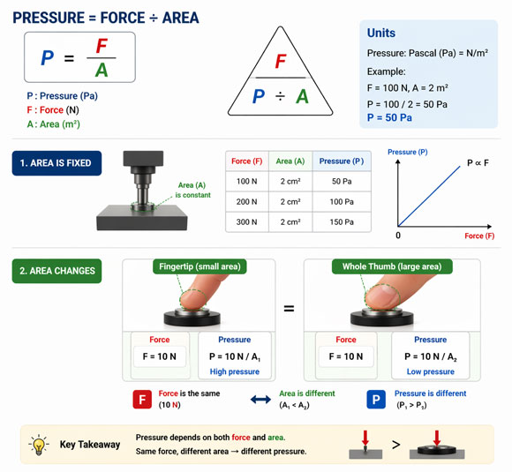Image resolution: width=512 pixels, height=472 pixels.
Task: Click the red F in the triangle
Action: coord(281,62)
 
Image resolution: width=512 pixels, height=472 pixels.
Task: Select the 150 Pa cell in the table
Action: coord(335,222)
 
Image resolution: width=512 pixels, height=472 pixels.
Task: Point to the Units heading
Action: coord(381,33)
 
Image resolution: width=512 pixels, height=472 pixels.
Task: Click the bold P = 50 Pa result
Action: coord(395,117)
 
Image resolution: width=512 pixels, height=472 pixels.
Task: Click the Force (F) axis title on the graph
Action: coord(486,236)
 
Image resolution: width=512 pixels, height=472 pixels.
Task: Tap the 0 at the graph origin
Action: coord(397,236)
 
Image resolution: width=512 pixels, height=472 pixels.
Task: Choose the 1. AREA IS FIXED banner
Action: coord(56,162)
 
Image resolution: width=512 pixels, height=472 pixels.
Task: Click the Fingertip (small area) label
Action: coord(199,266)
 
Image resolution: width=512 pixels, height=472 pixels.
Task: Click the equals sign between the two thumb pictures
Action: coord(289,309)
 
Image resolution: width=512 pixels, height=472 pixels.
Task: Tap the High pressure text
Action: coord(235,371)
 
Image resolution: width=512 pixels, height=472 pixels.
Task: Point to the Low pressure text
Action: coord(431,371)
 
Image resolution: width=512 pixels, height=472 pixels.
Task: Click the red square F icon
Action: coord(143,400)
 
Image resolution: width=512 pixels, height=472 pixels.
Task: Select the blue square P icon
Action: coord(375,400)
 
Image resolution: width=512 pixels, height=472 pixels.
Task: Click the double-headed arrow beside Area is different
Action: coord(260,400)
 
